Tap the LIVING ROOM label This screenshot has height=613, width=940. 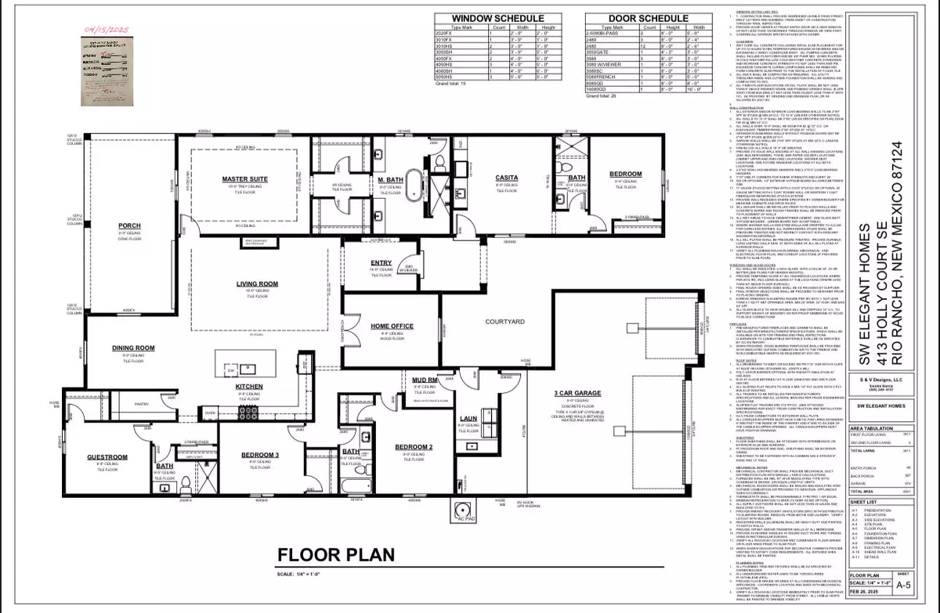pos(253,284)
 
